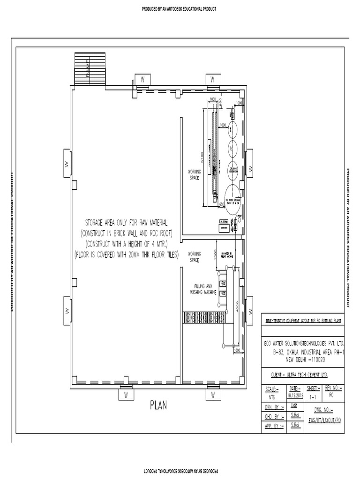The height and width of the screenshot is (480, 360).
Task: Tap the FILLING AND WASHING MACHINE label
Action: (202, 289)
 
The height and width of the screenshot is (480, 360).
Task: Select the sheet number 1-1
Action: (313, 396)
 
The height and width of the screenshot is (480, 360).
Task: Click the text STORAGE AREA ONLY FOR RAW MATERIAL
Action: (125, 221)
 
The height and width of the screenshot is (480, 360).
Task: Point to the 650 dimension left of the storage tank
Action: (221, 204)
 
